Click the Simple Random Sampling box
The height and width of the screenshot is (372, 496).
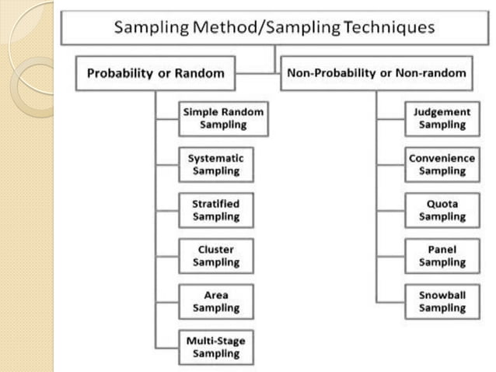(x=223, y=118)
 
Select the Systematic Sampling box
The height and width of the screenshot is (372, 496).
(x=215, y=164)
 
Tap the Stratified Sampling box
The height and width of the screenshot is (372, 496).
(x=215, y=210)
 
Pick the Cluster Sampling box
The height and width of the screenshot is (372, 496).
(x=215, y=256)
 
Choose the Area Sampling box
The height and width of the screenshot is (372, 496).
(x=215, y=302)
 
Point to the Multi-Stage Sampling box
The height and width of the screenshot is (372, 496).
(x=215, y=347)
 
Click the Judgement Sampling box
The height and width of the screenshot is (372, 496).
(x=442, y=118)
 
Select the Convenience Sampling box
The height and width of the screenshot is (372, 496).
(x=442, y=164)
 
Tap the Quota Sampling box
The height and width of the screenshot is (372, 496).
(x=442, y=210)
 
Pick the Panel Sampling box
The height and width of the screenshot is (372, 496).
(x=442, y=256)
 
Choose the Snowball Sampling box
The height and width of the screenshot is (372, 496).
(x=442, y=302)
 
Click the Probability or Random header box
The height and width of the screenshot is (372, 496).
(x=155, y=74)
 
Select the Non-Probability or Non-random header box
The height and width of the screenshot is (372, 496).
(x=377, y=74)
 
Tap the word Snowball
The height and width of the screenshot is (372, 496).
(x=442, y=296)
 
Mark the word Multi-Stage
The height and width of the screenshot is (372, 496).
(x=215, y=341)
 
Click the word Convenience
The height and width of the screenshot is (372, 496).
(x=442, y=158)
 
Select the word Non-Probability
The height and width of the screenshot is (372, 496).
(x=333, y=74)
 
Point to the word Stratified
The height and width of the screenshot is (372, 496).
(x=215, y=204)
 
